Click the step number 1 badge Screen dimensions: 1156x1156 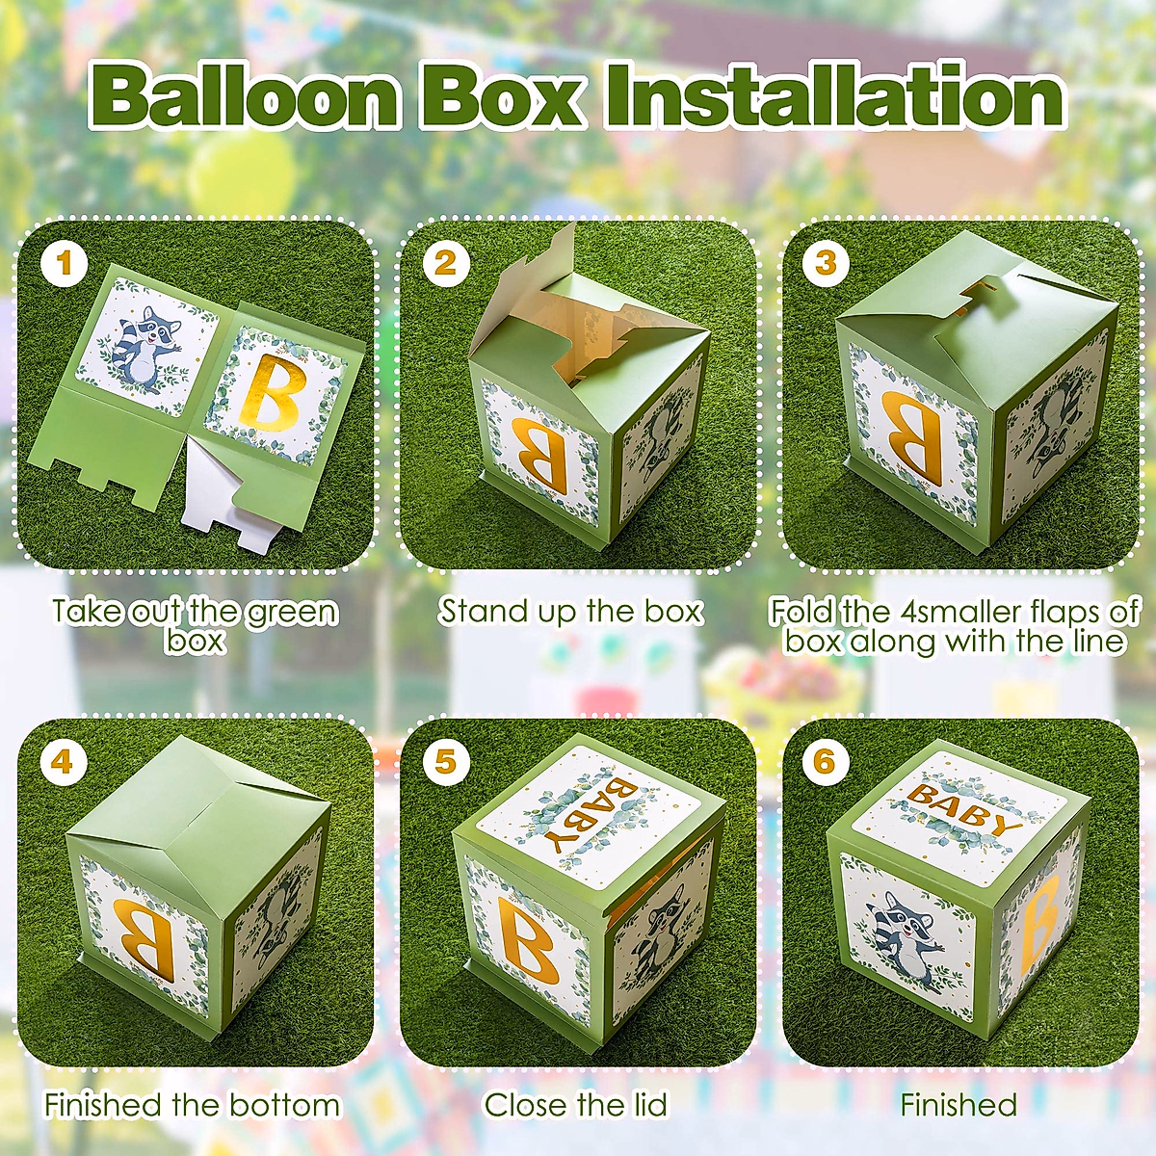click(65, 264)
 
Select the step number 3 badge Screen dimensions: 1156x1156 click(826, 264)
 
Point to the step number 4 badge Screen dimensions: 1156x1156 click(63, 762)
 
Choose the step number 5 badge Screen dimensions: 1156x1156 click(444, 762)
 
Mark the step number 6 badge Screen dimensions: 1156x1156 click(825, 762)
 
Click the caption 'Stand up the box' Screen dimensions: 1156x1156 click(571, 611)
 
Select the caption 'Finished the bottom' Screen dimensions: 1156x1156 click(193, 1105)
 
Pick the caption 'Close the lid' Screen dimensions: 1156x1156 click(575, 1105)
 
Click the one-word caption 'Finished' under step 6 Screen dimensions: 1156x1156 click(959, 1105)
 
